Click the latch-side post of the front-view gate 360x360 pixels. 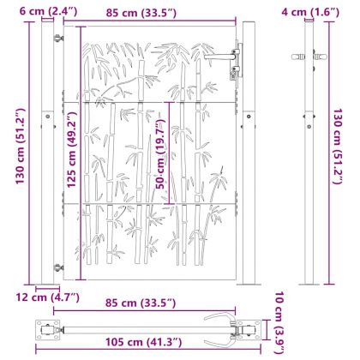pyautogui.click(x=249, y=154)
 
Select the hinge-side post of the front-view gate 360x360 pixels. pyautogui.click(x=47, y=154)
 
